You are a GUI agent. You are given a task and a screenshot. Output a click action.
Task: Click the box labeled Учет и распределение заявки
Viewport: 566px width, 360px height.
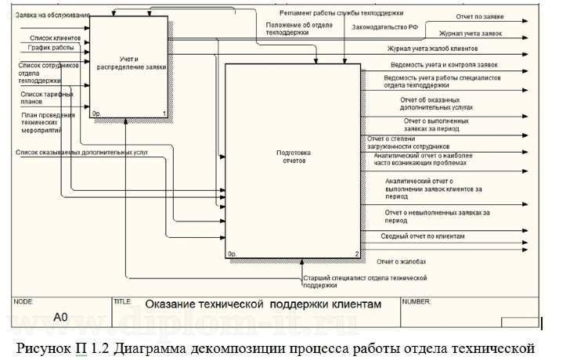tap(129, 67)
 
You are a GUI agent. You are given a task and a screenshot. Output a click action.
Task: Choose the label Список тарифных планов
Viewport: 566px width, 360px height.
tap(47, 97)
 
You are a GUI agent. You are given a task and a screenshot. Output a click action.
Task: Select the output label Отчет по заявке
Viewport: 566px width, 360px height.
tap(480, 16)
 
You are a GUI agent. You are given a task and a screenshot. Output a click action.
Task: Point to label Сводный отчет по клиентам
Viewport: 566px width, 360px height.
tap(423, 236)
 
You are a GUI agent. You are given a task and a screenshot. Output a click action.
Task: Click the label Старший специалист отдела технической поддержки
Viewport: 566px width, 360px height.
tap(364, 281)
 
